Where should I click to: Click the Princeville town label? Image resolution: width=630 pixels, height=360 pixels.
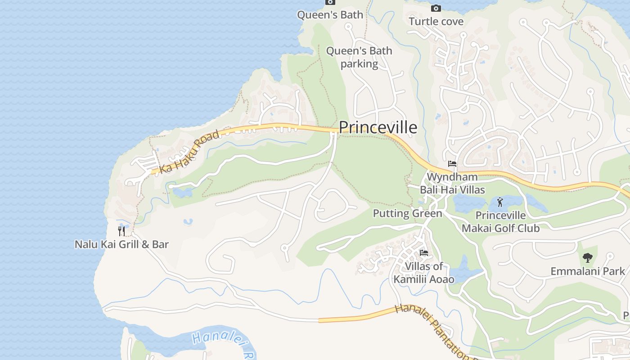(x=378, y=128)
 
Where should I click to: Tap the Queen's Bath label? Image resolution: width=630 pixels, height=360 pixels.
(x=330, y=15)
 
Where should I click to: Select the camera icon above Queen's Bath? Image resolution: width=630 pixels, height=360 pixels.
(x=330, y=2)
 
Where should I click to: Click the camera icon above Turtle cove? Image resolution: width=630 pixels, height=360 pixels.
(x=436, y=8)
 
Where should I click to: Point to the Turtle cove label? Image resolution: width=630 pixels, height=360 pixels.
(x=436, y=21)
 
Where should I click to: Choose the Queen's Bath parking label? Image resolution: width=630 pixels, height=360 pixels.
(x=359, y=57)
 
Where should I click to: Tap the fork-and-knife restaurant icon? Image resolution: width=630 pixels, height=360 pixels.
(x=121, y=231)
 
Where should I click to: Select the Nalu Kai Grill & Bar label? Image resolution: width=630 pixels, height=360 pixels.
(x=121, y=244)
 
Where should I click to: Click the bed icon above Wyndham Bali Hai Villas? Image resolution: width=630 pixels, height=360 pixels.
(x=452, y=164)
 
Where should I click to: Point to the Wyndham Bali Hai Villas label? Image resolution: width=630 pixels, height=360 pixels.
(x=452, y=183)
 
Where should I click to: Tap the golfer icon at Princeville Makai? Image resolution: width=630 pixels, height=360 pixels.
(x=500, y=202)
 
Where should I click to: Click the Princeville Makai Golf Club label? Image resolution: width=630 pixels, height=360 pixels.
(x=500, y=222)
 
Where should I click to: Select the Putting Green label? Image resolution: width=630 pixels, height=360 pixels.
(x=408, y=213)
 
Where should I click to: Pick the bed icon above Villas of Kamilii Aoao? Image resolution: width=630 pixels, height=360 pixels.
(x=423, y=253)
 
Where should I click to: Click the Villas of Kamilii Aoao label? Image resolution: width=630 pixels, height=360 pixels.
(x=424, y=273)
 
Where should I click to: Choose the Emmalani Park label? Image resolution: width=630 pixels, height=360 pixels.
(x=588, y=271)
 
